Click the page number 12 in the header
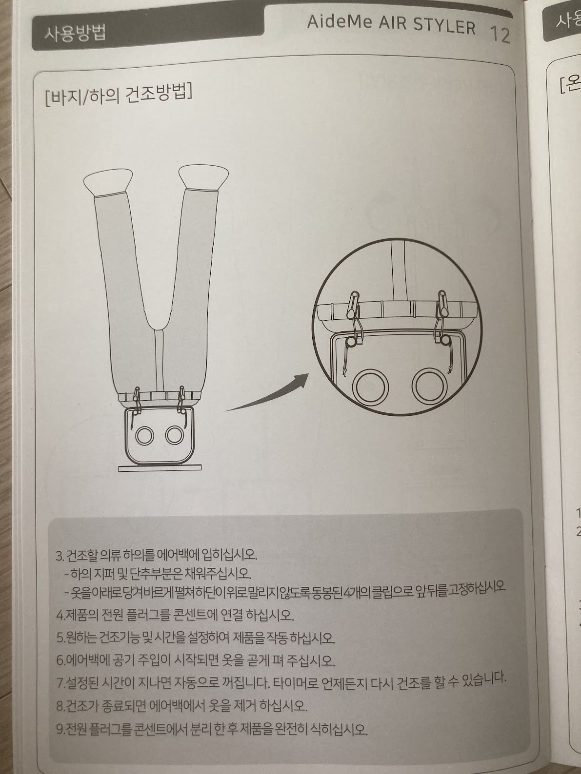(x=500, y=35)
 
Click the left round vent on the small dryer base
(x=144, y=437)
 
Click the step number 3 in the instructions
(x=59, y=556)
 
